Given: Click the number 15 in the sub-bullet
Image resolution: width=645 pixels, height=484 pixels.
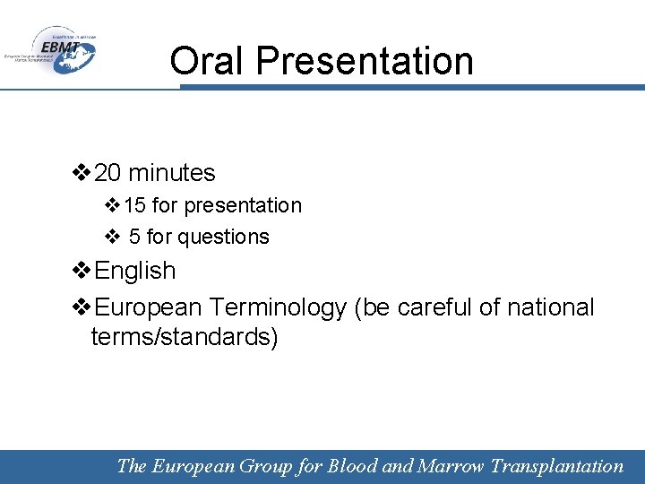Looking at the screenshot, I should click(x=135, y=205).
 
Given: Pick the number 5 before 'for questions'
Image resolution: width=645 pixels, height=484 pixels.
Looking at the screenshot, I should click(x=134, y=237).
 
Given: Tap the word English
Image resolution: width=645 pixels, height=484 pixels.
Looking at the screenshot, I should click(x=135, y=271).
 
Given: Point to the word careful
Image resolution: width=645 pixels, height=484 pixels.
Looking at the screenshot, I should click(x=434, y=307).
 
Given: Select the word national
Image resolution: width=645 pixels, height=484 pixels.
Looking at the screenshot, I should click(x=550, y=307).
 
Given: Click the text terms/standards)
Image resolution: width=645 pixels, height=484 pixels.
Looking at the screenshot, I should click(x=185, y=337).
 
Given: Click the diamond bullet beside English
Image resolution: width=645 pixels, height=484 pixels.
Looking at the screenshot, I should click(x=82, y=271).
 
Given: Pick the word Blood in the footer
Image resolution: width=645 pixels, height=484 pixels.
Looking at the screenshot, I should click(x=353, y=466).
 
